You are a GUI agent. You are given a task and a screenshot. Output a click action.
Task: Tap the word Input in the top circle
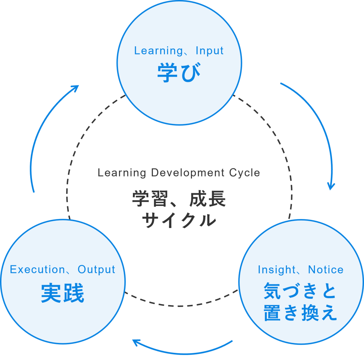pos(209,51)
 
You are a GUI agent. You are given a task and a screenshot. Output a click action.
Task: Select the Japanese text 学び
pos(179,73)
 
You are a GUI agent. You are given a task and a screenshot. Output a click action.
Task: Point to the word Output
pos(96,270)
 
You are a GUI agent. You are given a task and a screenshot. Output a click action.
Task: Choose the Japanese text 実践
pos(63,293)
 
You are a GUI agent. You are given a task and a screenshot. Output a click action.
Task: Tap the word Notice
pos(326,270)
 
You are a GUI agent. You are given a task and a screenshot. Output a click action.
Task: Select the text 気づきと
pos(300,292)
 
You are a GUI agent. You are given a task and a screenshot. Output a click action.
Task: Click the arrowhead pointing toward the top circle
pos(75,88)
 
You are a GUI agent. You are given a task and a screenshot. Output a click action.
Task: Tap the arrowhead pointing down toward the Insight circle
pos(331,186)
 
